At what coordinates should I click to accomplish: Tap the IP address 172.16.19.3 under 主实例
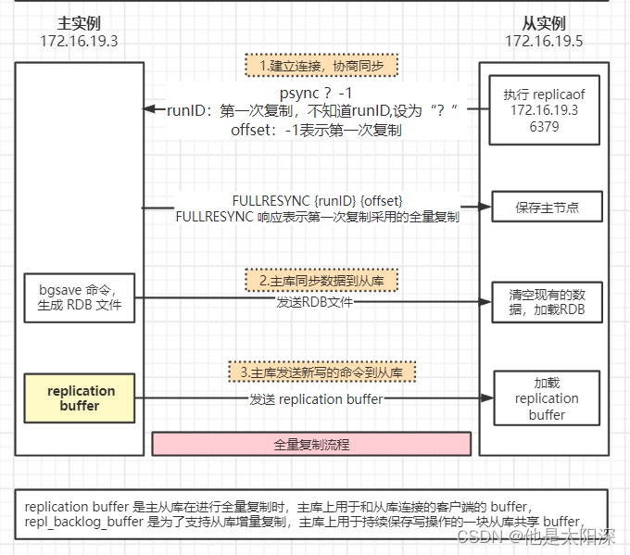80,42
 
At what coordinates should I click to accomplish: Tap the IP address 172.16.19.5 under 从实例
544,42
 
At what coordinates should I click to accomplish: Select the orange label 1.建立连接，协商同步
321,66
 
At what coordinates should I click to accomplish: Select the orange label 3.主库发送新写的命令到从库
321,372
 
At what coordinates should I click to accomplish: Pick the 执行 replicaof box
544,110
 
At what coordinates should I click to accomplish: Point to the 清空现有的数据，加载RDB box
546,301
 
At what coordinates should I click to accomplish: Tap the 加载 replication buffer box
546,398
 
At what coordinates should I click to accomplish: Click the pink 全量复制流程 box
312,444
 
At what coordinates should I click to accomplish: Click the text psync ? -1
315,93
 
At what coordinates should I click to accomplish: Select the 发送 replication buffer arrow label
316,399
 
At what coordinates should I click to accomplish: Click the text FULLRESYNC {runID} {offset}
318,200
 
